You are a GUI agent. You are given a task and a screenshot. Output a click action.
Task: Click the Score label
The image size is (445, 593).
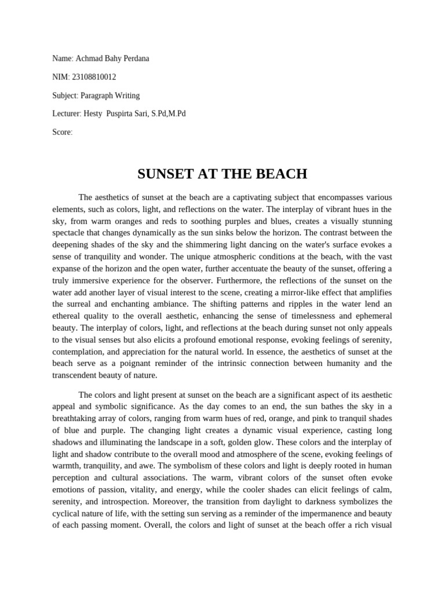click(x=62, y=132)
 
